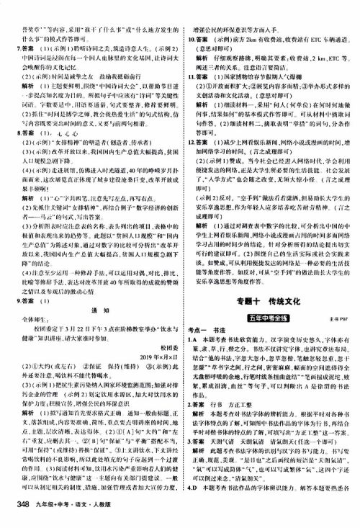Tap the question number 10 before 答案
(189, 22)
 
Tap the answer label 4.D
(191, 514)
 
